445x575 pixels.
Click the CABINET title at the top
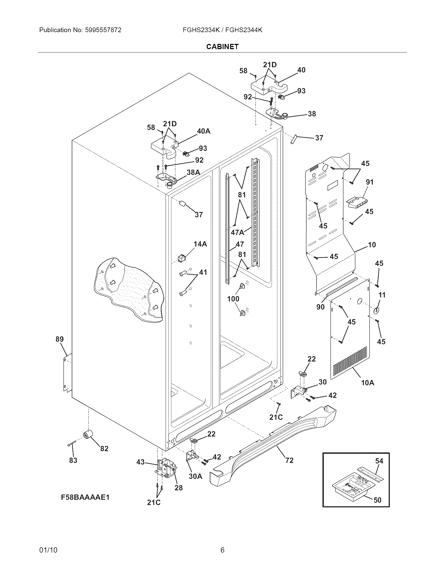[x=222, y=47]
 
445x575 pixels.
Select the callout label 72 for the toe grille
[x=289, y=460]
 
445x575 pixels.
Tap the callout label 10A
[x=368, y=383]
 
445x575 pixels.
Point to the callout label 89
[x=60, y=339]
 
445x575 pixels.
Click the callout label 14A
[x=200, y=244]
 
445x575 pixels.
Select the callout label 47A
[x=237, y=232]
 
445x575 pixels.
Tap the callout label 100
[x=233, y=298]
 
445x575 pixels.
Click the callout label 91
[x=370, y=182]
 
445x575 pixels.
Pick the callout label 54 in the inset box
[x=379, y=461]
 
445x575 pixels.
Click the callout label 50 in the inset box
[x=377, y=500]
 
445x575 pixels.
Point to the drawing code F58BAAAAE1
[x=85, y=497]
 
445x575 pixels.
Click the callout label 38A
[x=193, y=172]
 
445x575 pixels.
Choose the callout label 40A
[x=203, y=131]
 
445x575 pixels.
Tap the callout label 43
[x=141, y=462]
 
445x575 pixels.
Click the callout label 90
[x=320, y=307]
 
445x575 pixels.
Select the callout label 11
[x=382, y=295]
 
